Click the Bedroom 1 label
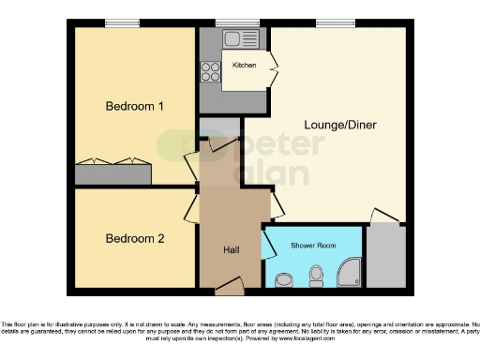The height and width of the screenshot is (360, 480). [134, 106]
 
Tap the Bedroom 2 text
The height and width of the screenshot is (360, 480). [134, 239]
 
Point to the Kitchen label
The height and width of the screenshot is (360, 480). [244, 66]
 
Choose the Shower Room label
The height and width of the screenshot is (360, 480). [313, 246]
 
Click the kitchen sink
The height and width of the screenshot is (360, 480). [232, 39]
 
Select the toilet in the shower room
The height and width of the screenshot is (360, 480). [316, 273]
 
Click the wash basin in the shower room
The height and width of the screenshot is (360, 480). [284, 278]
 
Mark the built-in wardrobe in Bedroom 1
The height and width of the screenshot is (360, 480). [113, 172]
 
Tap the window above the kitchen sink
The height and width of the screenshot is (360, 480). [229, 23]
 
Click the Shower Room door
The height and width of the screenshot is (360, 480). [268, 246]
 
